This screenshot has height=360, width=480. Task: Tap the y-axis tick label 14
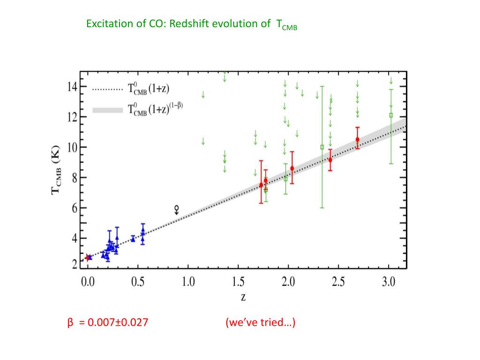tap(72, 86)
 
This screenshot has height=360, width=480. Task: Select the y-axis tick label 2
tap(74, 265)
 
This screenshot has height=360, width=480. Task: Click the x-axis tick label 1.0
tap(188, 282)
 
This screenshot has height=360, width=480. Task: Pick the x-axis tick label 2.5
tap(338, 282)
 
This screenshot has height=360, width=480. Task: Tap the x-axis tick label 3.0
tap(389, 282)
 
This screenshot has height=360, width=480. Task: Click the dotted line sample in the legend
tap(107, 88)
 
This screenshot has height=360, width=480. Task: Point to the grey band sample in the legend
tap(107, 110)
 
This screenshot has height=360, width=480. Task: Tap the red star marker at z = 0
tap(87, 257)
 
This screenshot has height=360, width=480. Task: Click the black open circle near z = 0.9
tap(176, 208)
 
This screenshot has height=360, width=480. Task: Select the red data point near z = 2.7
tap(357, 139)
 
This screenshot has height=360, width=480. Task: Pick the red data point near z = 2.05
tap(292, 168)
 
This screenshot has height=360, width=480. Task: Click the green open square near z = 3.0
tap(391, 115)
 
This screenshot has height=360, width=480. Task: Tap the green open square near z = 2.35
tap(322, 147)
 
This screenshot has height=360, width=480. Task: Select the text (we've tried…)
tap(260, 323)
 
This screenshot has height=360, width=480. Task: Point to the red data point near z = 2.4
tap(330, 160)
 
